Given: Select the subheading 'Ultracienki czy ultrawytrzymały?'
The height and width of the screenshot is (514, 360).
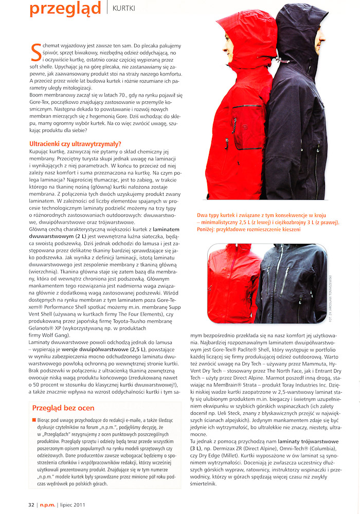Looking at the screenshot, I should pos(75,143).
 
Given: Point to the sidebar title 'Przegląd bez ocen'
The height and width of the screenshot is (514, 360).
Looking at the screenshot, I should pos(63,409).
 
